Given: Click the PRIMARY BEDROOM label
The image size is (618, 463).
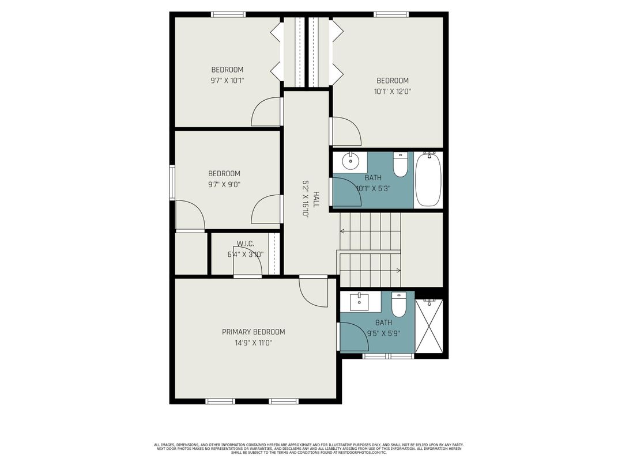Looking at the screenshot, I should click(253, 332).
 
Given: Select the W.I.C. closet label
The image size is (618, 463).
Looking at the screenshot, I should click(245, 244).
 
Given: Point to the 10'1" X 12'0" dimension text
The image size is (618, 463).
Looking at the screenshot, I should click(393, 91).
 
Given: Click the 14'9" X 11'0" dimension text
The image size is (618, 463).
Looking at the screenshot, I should click(253, 343).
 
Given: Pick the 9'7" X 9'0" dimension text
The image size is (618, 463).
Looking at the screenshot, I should click(224, 184).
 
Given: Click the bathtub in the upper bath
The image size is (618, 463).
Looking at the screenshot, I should click(428, 179).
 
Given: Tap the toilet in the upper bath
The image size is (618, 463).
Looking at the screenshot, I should click(400, 165).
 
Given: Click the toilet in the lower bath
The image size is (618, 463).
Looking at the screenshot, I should click(399, 303).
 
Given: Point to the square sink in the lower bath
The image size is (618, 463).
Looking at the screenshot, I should click(360, 300).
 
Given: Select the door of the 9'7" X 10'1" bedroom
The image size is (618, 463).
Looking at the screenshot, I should click(266, 112).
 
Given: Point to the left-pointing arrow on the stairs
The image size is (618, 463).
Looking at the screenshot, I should click(342, 231).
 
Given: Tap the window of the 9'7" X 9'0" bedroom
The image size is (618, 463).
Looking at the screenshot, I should click(172, 183).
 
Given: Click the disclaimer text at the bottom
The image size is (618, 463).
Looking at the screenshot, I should click(308, 449).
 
